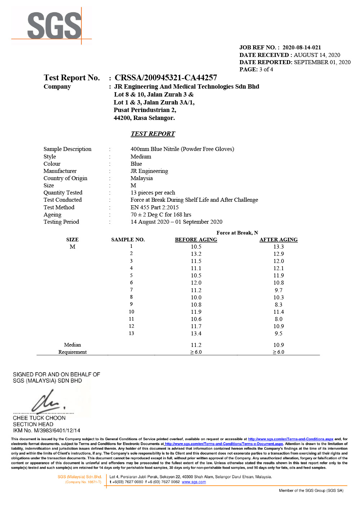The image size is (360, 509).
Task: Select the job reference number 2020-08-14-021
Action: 301,48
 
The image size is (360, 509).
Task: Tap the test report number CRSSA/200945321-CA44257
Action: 166,78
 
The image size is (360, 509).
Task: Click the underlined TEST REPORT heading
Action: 153,134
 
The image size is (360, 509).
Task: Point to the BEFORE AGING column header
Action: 196,240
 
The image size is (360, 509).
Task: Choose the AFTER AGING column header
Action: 278,240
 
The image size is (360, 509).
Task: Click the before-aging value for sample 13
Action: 196,334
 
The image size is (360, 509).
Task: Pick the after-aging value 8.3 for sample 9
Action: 278,305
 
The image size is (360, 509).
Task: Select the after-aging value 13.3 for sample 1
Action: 278,247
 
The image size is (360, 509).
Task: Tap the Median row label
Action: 72,345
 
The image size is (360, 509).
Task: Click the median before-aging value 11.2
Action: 196,345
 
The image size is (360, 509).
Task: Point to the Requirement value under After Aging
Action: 278,352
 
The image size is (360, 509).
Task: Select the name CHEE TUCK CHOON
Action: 39,418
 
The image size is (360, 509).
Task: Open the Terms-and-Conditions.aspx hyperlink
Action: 291,439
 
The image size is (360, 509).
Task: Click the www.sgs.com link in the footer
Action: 194,482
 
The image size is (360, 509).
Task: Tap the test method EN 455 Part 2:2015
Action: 154,207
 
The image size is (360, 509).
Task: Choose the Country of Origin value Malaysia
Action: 141,178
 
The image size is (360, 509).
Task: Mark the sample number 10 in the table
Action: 131,312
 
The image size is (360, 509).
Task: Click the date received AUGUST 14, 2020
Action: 317,55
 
